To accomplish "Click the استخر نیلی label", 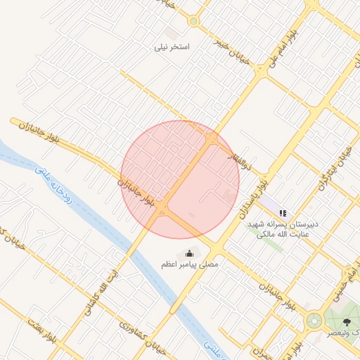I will tap(174, 47).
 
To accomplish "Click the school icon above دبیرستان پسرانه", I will tap(283, 212).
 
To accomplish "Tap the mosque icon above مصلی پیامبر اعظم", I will tap(188, 253).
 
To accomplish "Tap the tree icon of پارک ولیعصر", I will tap(346, 321).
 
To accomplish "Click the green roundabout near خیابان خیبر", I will tap(193, 21).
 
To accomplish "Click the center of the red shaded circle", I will tap(180, 179).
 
